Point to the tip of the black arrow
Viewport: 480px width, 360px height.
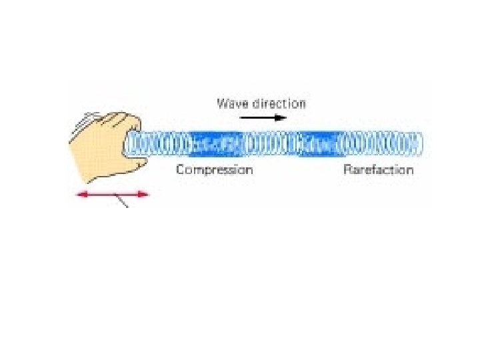(285, 117)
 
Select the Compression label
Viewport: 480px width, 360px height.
(214, 169)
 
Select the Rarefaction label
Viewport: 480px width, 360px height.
(378, 169)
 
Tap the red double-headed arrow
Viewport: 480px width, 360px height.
(112, 195)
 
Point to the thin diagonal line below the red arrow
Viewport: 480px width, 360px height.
(123, 201)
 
